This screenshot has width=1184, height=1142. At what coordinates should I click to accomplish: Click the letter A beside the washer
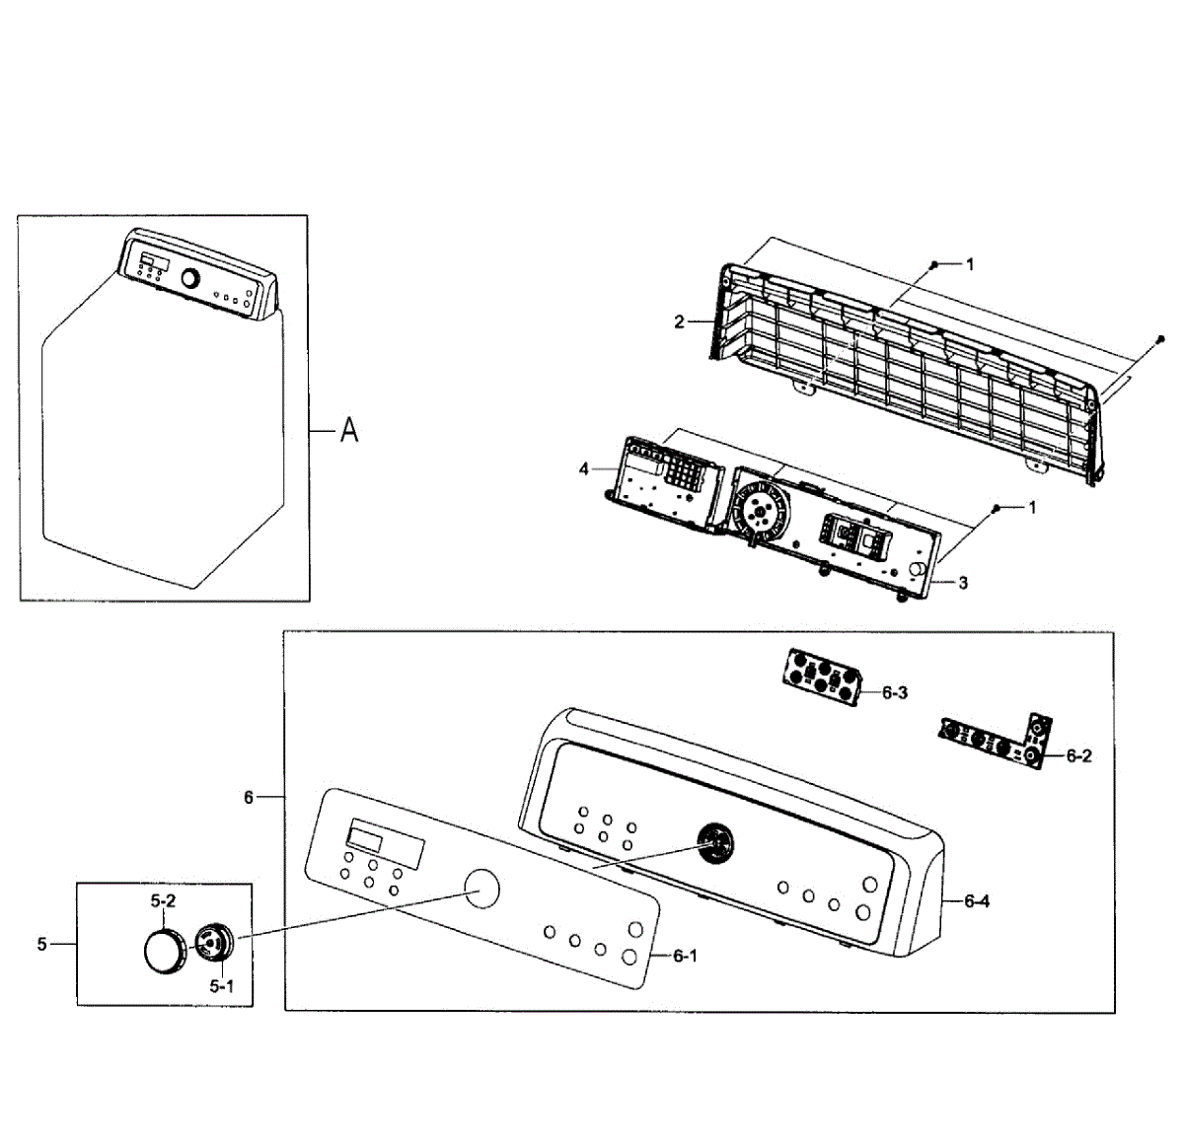pos(349,430)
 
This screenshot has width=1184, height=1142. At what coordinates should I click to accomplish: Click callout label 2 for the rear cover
pos(679,321)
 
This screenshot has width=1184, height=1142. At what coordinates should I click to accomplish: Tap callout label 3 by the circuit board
pos(963,582)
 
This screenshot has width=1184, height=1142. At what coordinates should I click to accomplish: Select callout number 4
pos(584,469)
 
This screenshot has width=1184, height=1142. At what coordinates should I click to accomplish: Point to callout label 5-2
pos(163,900)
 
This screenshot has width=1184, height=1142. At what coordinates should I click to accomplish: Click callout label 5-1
pos(221,984)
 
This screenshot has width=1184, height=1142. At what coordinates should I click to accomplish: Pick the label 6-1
pos(685,956)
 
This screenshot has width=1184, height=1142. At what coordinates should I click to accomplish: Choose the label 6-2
pos(1079,755)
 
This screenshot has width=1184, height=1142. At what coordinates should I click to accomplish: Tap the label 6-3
pos(895,692)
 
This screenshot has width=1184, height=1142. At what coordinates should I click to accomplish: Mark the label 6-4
pos(977,900)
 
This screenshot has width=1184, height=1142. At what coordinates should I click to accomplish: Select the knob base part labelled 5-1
pos(211,942)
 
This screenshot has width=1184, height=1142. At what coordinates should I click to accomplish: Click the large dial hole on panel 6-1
pos(481,888)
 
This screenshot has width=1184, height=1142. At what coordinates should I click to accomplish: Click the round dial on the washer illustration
pos(189,278)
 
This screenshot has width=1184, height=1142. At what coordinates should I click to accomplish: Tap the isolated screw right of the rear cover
pos(1160,339)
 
